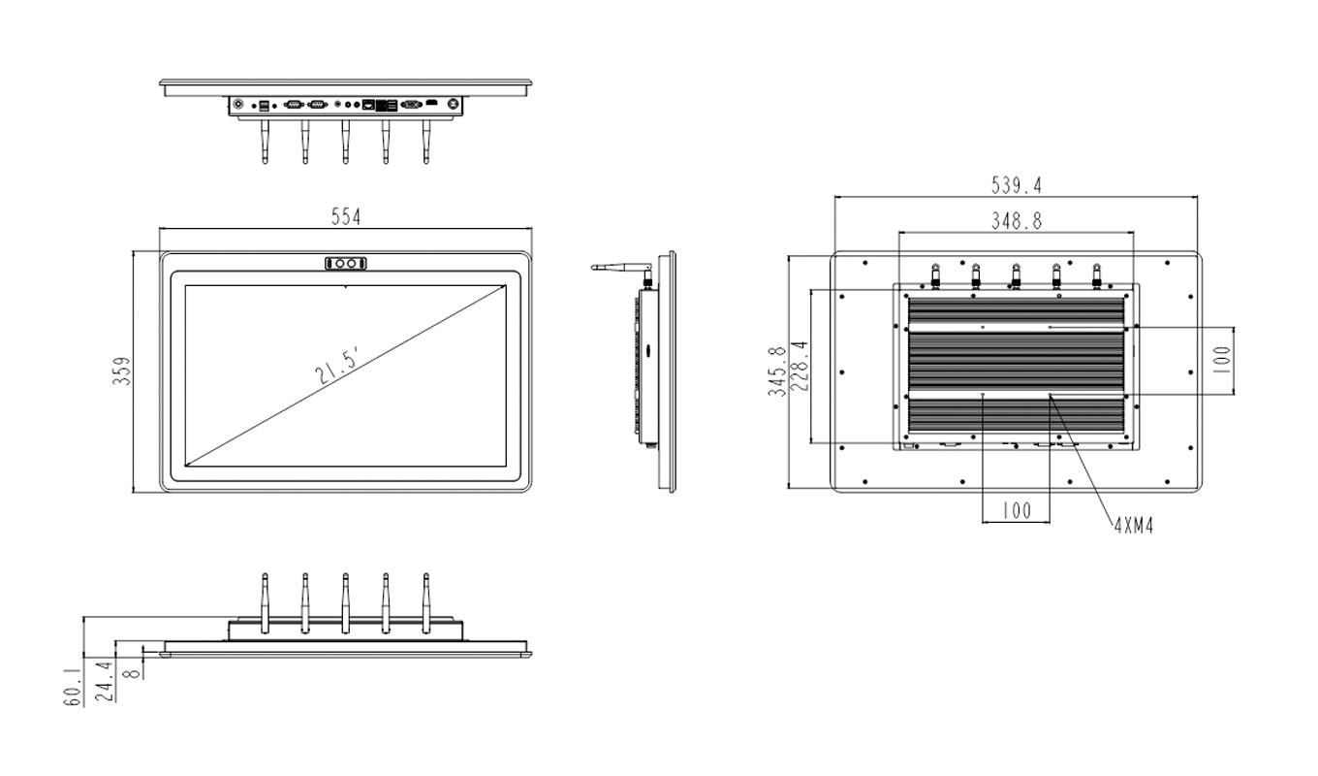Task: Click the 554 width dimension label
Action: [345, 218]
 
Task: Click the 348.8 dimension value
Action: [1016, 221]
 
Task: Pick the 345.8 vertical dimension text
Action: [775, 373]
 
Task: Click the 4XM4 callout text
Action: [1133, 526]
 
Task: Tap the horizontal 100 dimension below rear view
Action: [1016, 511]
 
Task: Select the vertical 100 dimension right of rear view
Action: [1221, 361]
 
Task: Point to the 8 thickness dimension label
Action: [134, 668]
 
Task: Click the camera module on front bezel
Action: [346, 263]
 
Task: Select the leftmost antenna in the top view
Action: [265, 142]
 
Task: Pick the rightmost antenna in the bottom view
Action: [425, 601]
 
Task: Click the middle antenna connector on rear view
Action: [1016, 275]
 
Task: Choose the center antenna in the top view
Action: [345, 142]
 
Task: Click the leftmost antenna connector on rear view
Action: [936, 275]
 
